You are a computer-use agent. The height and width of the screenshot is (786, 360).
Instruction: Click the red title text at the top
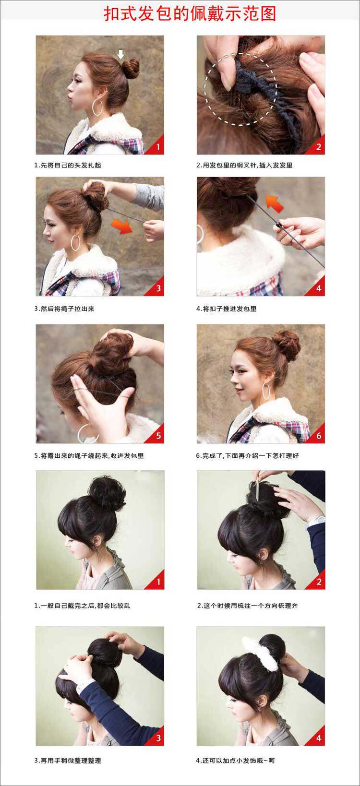point(190,13)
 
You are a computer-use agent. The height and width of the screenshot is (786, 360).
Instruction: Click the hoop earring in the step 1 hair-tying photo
point(97,107)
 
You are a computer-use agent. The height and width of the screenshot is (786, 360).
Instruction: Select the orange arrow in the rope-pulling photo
point(122,226)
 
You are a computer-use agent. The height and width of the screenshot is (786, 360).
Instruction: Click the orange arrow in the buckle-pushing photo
point(274,203)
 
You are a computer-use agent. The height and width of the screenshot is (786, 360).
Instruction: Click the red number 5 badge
point(158,436)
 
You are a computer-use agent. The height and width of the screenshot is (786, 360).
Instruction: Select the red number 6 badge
point(319,436)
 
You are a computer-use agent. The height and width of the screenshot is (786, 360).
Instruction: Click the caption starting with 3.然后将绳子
point(64,309)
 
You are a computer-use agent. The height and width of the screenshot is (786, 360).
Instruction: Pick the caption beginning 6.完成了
point(247,455)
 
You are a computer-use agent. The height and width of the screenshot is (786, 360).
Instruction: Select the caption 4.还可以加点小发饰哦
point(235,761)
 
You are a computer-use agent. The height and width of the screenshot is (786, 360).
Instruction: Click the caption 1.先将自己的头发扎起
point(68,165)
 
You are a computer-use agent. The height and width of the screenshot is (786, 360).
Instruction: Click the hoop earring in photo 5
point(86,433)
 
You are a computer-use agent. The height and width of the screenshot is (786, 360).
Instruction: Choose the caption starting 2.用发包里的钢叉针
point(244,165)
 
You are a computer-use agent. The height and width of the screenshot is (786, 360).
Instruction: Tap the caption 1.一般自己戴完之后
point(82,606)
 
